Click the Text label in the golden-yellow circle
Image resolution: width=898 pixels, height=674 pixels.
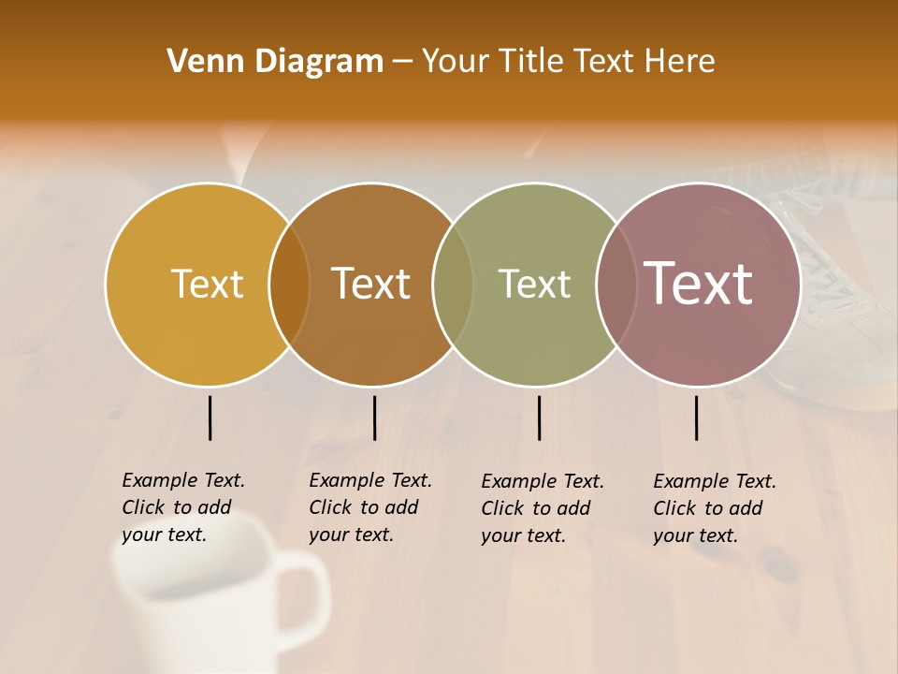[x=207, y=284]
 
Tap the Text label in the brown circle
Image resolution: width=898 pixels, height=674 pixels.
[x=371, y=284]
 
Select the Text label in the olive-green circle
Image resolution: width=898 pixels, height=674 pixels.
[x=534, y=284]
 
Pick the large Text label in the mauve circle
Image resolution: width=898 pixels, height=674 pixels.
[x=699, y=283]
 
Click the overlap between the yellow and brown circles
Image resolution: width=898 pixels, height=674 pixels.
[x=289, y=284]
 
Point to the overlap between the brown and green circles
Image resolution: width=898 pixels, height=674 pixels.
[x=453, y=284]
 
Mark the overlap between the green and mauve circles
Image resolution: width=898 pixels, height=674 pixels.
[x=614, y=284]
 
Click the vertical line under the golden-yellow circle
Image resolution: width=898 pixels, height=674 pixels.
[x=210, y=418]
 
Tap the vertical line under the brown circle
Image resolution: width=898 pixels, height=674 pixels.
[x=374, y=418]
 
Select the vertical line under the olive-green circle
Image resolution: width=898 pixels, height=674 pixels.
[x=539, y=418]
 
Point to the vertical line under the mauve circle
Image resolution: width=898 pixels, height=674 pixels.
[x=697, y=418]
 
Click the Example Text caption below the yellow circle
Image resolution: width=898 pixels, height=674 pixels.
[x=182, y=507]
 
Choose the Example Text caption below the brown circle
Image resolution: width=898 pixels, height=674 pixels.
[x=369, y=507]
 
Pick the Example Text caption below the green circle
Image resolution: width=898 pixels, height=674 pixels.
[x=542, y=508]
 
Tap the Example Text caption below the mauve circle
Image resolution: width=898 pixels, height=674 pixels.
[x=714, y=508]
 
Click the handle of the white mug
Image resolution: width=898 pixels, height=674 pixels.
[x=309, y=594]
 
